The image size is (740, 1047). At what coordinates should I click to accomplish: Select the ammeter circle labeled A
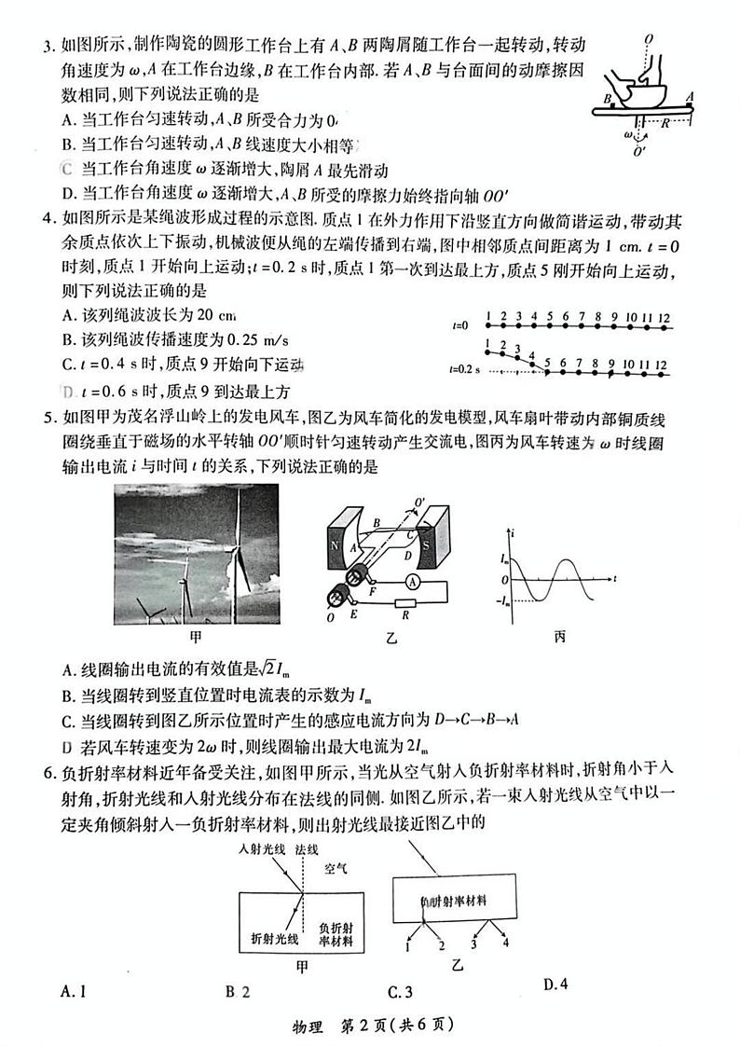pos(413,580)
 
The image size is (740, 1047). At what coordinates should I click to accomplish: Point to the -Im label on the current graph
pos(504,599)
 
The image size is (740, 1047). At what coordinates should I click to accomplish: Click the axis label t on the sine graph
pos(617,578)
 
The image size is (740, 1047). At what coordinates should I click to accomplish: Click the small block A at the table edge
pos(690,104)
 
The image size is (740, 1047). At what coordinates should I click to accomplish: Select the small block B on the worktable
pos(610,106)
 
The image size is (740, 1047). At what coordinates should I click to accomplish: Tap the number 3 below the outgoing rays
pos(473,944)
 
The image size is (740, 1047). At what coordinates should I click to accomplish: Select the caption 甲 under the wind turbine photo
pos(196,639)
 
